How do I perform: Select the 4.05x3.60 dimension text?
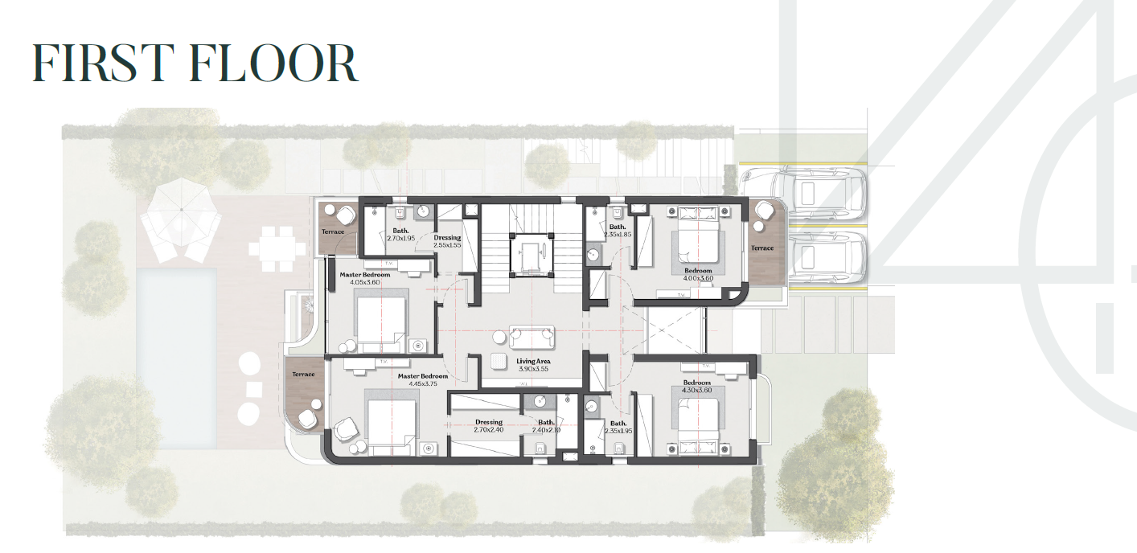tap(364, 282)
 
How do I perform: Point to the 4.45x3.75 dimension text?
tap(423, 384)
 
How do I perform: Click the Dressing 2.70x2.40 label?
tap(489, 426)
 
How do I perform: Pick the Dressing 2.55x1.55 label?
tap(447, 241)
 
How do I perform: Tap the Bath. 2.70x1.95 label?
tap(400, 235)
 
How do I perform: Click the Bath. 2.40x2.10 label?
tap(546, 426)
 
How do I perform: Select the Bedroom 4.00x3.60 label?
tap(699, 274)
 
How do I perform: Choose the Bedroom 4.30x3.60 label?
tap(697, 386)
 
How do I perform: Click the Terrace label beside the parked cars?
tap(762, 248)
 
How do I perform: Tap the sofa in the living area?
tap(532, 337)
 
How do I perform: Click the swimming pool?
tap(176, 358)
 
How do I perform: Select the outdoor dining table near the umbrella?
tap(277, 249)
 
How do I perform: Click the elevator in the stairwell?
tap(532, 254)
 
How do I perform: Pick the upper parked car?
tap(803, 193)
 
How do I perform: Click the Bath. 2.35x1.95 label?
tap(618, 427)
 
